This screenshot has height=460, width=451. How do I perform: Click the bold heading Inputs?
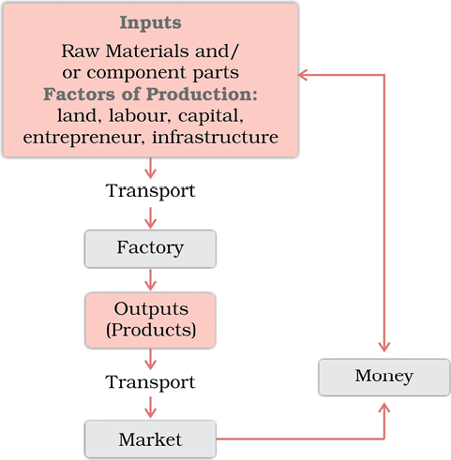tap(150, 23)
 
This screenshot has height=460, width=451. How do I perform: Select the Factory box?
tap(150, 249)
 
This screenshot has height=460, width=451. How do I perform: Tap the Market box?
tap(150, 439)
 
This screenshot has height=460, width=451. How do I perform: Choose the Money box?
tap(384, 378)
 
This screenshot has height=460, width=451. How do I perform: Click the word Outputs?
tap(151, 309)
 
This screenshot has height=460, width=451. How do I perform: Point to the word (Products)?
tap(151, 330)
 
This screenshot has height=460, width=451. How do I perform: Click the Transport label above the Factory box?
tap(150, 191)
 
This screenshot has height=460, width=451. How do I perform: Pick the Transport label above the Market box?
tap(150, 382)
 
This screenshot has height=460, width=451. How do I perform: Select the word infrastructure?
tap(215, 137)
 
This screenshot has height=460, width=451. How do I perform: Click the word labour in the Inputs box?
tap(140, 115)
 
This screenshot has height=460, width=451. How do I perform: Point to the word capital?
tap(211, 116)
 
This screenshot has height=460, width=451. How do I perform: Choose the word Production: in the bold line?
tap(202, 94)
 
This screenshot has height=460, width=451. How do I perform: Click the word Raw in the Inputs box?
tap(81, 51)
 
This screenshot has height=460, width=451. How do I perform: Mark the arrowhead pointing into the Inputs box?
tap(303, 75)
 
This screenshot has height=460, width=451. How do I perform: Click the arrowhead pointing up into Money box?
tap(384, 408)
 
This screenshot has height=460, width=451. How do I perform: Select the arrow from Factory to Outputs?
tap(150, 280)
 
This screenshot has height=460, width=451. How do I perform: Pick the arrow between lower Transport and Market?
tap(150, 408)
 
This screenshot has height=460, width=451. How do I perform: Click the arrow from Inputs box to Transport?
tap(150, 168)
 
